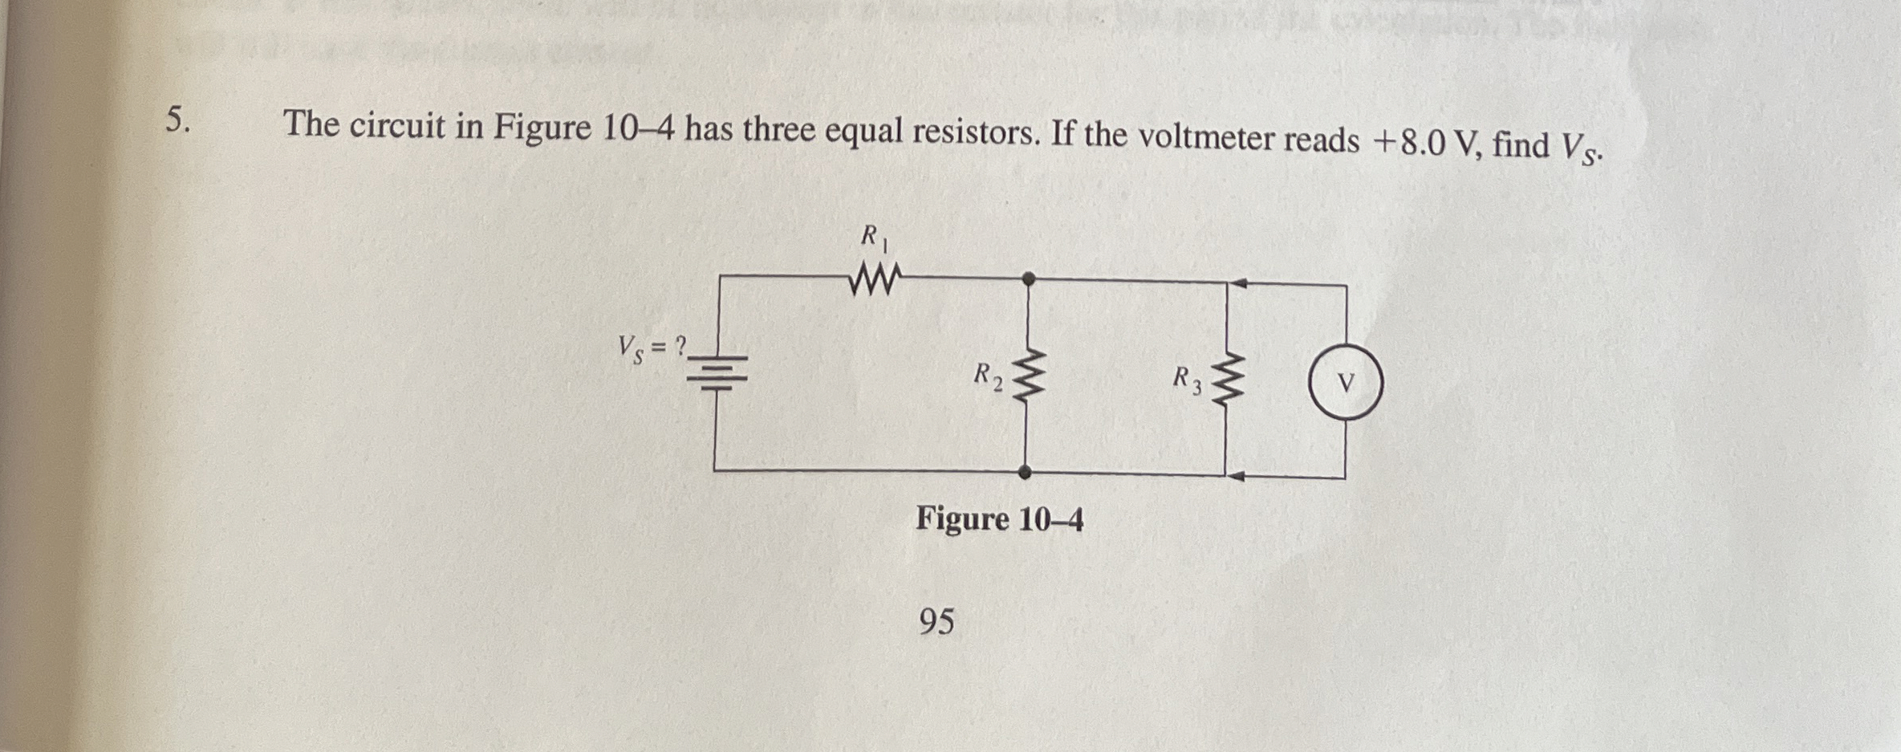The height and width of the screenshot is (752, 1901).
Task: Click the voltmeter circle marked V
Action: [1346, 382]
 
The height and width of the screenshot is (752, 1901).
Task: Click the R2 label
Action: [987, 376]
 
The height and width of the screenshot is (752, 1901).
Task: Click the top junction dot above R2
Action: [1028, 278]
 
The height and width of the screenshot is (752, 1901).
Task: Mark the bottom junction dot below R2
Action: [1025, 473]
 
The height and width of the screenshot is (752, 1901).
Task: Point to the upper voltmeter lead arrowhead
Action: [1238, 283]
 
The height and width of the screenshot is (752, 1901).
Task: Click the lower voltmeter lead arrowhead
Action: [1237, 476]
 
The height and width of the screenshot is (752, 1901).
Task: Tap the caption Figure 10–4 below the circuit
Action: [999, 520]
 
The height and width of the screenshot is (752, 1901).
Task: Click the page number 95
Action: [936, 621]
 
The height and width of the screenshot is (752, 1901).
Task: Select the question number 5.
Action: [178, 120]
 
